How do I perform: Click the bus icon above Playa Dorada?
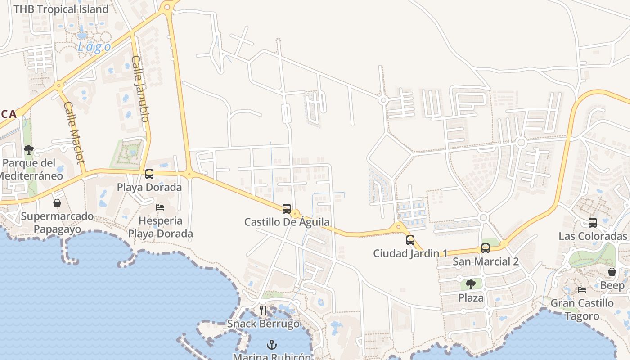149,174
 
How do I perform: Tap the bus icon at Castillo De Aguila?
287,208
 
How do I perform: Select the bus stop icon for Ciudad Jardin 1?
410,240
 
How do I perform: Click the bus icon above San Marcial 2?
486,248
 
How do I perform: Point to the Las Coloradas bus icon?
593,222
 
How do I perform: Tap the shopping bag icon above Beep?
612,272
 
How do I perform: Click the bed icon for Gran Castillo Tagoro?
582,289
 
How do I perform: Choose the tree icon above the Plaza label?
471,284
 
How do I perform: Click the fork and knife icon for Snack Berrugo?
263,310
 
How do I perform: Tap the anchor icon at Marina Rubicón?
271,345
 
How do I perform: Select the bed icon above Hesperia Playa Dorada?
160,207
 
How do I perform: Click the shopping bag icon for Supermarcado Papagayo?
57,203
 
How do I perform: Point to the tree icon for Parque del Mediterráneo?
29,149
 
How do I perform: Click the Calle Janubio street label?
140,89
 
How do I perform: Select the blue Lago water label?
94,47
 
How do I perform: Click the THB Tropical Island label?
61,9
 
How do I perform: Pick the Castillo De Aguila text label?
287,222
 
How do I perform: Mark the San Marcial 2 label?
486,261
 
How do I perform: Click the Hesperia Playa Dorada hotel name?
160,227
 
